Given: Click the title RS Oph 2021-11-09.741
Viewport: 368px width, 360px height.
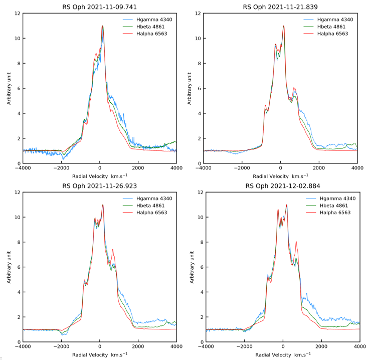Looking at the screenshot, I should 99,7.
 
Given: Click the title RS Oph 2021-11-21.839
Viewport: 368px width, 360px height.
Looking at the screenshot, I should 280,7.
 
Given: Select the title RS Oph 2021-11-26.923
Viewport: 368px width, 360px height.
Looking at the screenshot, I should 99,186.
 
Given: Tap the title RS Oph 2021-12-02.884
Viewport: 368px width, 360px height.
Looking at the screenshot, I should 283,186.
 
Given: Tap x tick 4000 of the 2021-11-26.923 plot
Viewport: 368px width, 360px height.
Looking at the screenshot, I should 176,347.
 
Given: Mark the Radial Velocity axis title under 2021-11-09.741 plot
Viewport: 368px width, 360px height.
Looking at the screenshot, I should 99,176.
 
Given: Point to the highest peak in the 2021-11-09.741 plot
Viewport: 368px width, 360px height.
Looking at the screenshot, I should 102,26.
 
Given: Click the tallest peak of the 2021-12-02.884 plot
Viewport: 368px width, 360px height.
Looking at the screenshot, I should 286,205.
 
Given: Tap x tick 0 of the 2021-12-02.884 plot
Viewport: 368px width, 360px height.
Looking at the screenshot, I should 283,347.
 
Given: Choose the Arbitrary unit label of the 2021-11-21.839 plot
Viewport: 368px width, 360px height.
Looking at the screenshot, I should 190,88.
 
